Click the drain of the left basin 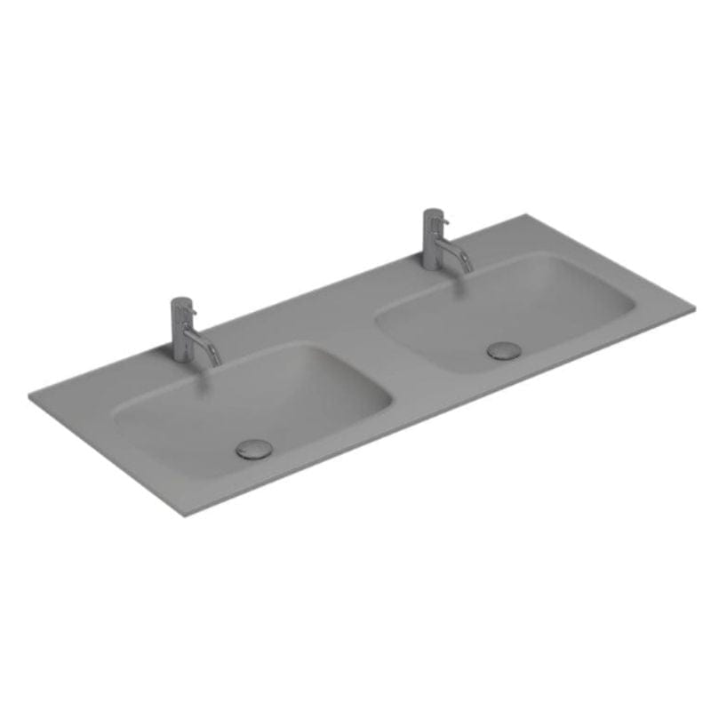tap(254, 449)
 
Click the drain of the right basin tap(504, 350)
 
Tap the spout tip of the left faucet tap(216, 362)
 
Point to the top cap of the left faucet tap(180, 301)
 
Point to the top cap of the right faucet tap(433, 212)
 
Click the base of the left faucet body tap(181, 357)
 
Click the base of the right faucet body tap(433, 267)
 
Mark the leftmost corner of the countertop tap(30, 397)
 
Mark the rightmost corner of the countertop tap(694, 308)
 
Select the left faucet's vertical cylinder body tap(180, 333)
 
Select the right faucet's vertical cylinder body tap(433, 242)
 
